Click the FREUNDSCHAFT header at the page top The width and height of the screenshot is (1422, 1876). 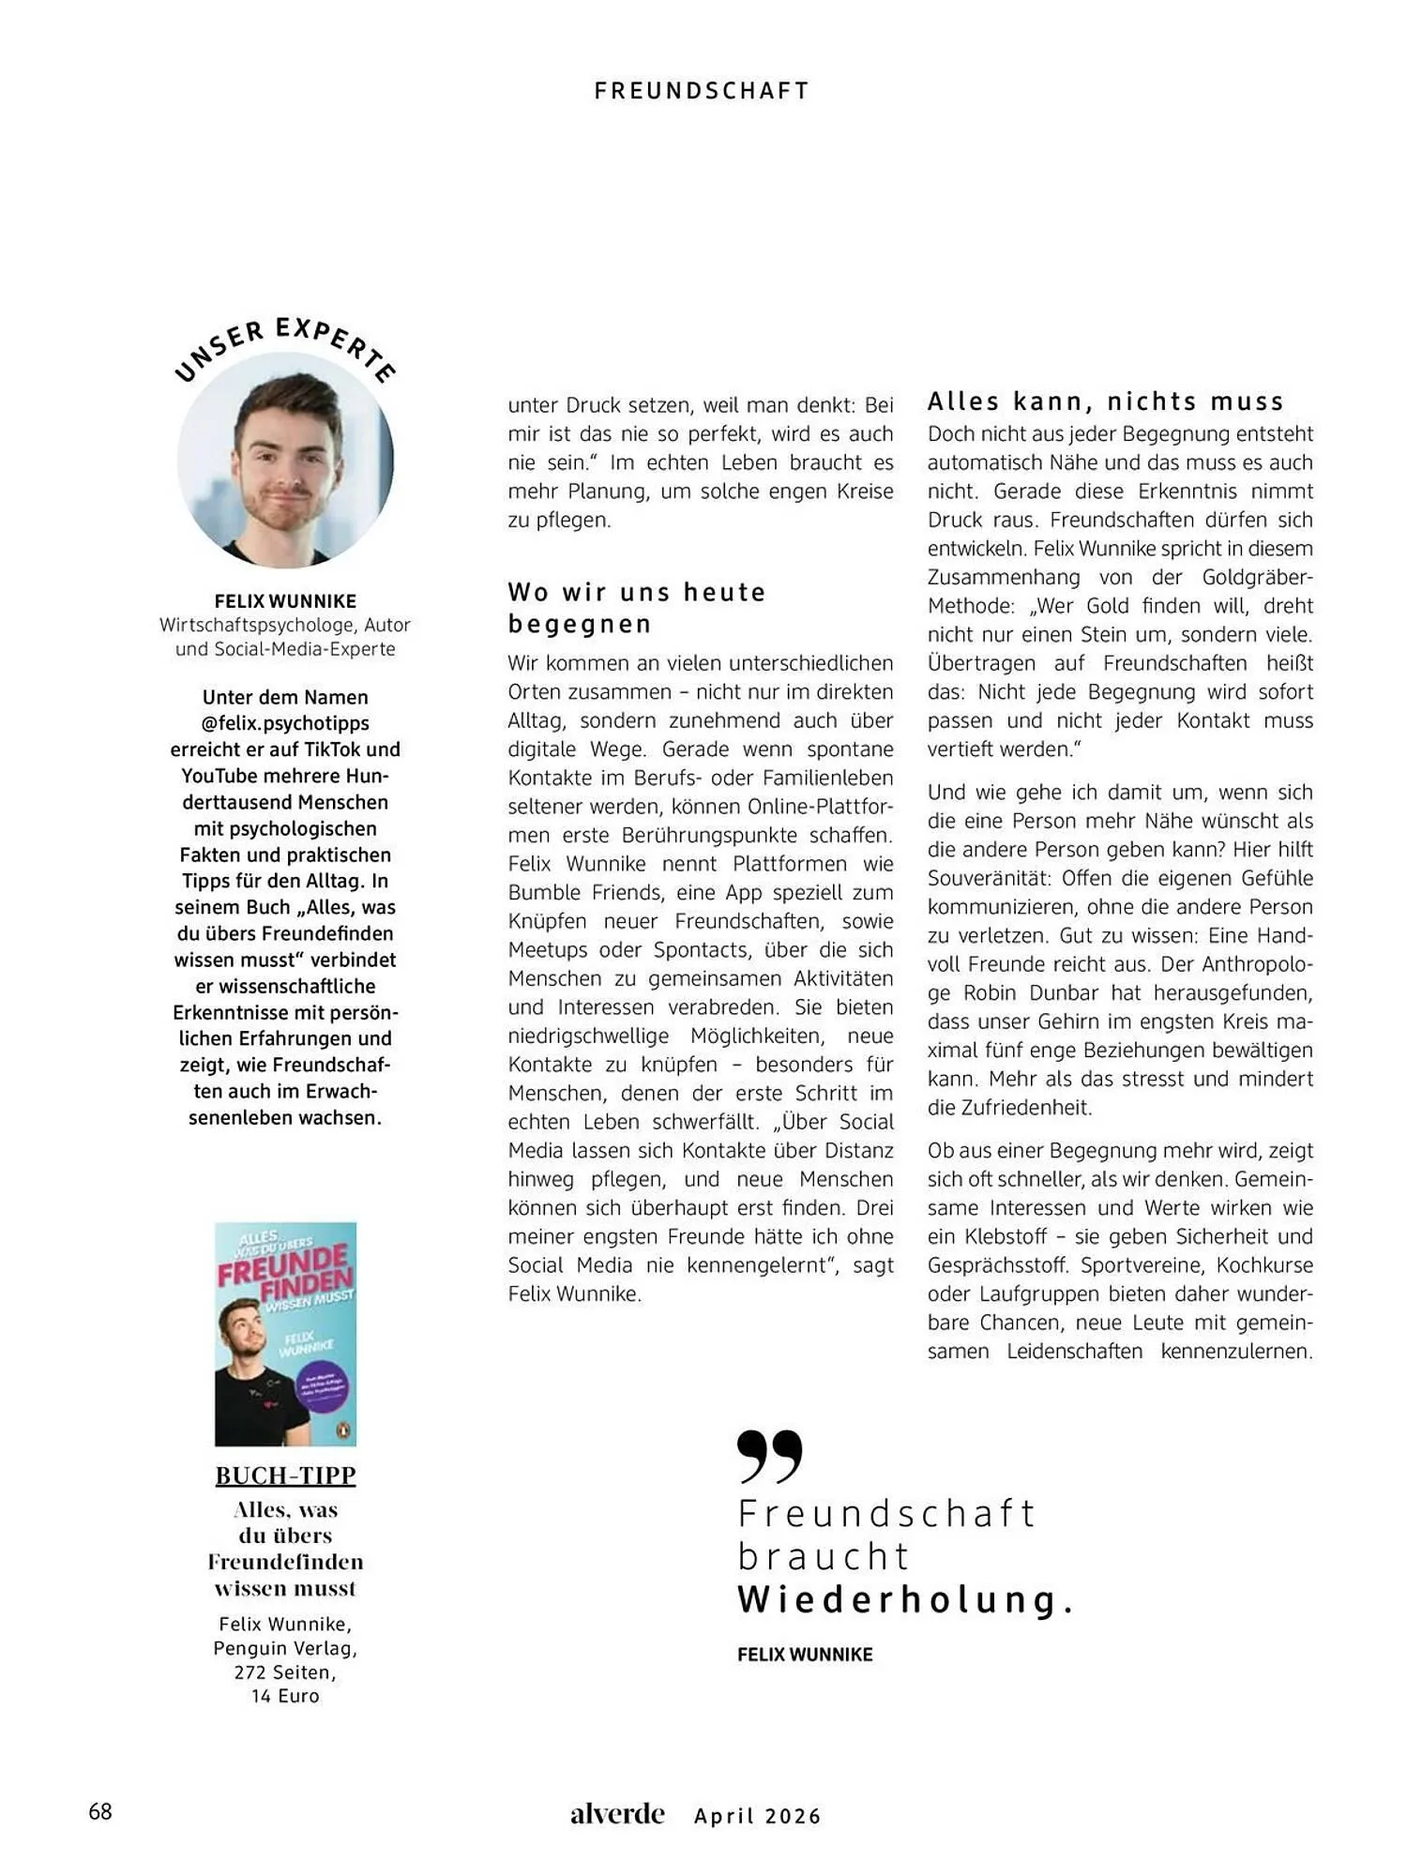702,90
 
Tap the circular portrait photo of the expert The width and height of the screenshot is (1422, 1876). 285,460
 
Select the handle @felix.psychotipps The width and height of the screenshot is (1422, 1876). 285,723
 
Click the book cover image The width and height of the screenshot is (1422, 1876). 285,1333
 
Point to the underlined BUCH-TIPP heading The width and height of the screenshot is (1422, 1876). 285,1475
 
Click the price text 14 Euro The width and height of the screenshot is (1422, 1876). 285,1696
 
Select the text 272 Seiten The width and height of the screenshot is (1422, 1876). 285,1672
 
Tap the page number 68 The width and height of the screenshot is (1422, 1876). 100,1811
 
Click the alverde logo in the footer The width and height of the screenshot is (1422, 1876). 617,1814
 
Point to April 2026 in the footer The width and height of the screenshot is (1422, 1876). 757,1816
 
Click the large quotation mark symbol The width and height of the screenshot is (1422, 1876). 769,1456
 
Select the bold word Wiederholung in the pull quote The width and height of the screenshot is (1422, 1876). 899,1599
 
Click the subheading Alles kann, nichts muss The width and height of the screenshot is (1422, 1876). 1105,401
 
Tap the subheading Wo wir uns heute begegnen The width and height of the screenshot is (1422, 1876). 637,607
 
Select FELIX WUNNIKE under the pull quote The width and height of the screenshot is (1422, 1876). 805,1655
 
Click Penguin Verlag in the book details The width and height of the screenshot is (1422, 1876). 285,1648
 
